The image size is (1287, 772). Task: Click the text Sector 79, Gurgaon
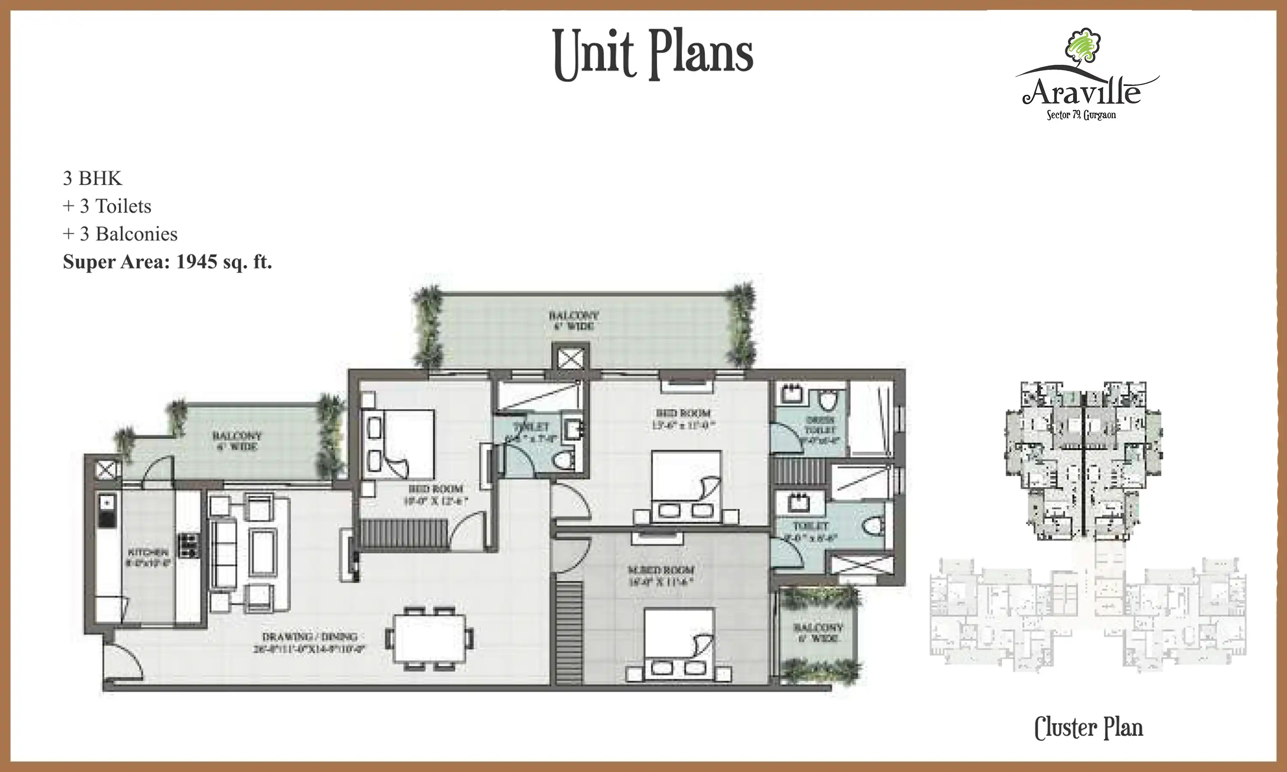1081,115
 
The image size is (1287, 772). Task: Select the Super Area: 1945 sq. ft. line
167,262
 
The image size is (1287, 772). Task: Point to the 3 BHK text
92,178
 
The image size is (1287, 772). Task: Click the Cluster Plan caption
1088,728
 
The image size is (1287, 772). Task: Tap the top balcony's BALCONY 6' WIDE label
573,320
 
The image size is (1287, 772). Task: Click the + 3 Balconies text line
120,234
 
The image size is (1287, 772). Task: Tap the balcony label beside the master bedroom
817,632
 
